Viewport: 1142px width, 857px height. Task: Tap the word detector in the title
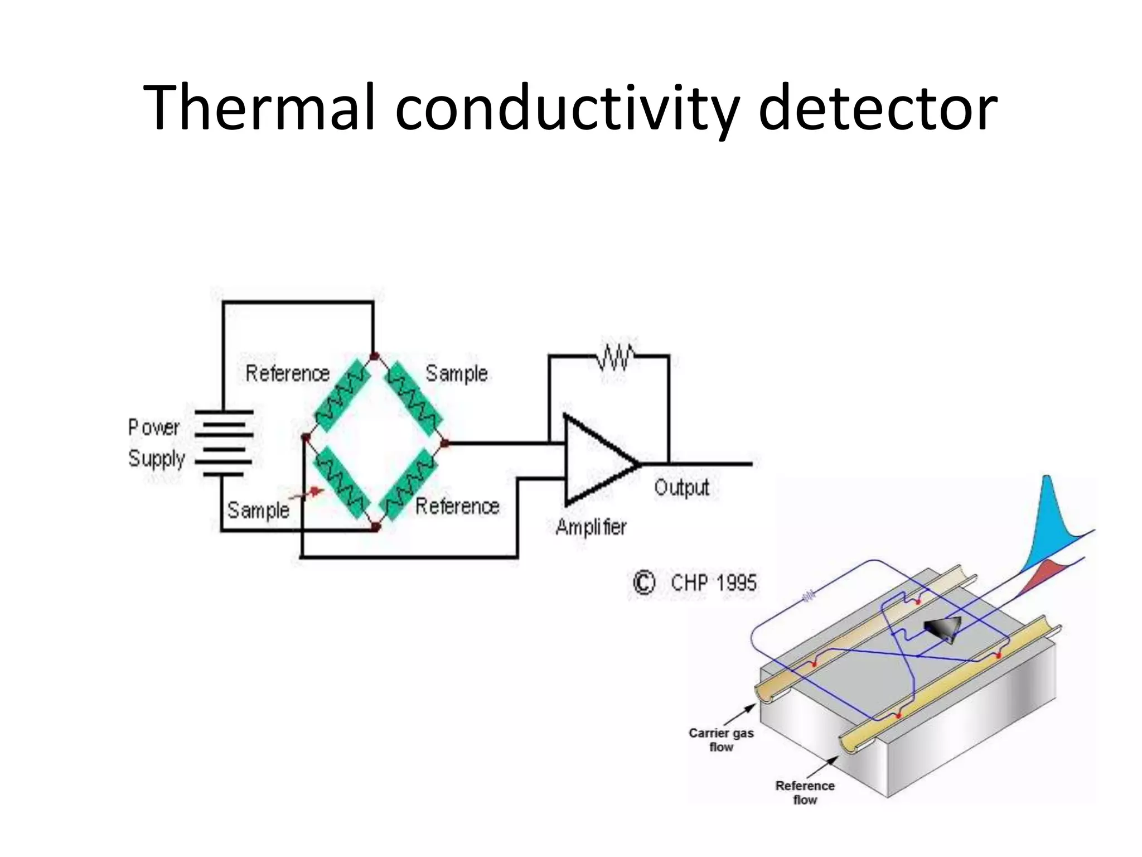(x=877, y=107)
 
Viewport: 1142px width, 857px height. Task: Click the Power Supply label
(x=156, y=443)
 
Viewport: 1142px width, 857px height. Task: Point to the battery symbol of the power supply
(x=224, y=443)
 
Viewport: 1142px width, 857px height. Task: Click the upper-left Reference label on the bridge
(x=288, y=373)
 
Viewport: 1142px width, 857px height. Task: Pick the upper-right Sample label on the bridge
(x=457, y=373)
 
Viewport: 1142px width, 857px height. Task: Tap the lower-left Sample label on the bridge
(x=258, y=510)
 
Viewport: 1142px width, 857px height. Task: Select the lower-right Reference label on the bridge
(x=457, y=506)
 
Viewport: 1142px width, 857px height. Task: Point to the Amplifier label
(x=591, y=527)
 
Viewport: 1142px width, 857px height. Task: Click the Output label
(x=681, y=488)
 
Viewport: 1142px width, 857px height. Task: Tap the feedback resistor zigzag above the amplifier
(x=615, y=356)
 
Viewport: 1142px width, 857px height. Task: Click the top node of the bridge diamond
(x=375, y=356)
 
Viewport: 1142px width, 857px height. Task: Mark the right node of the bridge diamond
(x=445, y=444)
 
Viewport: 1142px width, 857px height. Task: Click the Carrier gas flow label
(x=721, y=740)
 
